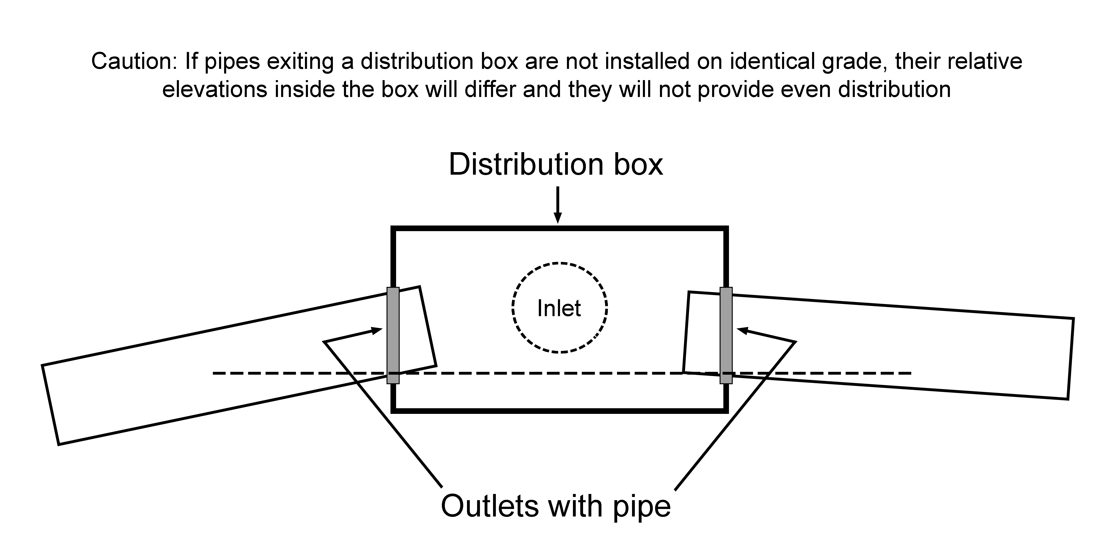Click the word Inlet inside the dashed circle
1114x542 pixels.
pyautogui.click(x=559, y=308)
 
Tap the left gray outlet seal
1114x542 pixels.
pyautogui.click(x=393, y=335)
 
